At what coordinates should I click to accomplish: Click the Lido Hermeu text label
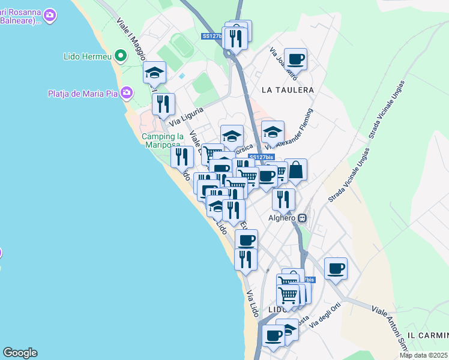tap(88, 57)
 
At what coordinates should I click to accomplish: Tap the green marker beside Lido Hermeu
tap(121, 57)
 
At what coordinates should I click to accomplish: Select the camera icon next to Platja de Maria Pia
tap(126, 93)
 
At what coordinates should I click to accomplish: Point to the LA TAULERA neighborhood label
tap(288, 90)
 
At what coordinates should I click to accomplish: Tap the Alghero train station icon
tap(303, 218)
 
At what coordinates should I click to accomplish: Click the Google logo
tap(20, 353)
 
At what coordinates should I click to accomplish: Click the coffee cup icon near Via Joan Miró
tap(295, 59)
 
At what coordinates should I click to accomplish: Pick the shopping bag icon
tap(295, 170)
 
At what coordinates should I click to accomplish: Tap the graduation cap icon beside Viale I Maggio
tap(154, 73)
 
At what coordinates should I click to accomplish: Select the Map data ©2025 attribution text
tap(424, 355)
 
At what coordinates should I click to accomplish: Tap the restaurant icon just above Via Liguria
tap(163, 104)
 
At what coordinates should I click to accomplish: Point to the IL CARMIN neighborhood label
tap(427, 334)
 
